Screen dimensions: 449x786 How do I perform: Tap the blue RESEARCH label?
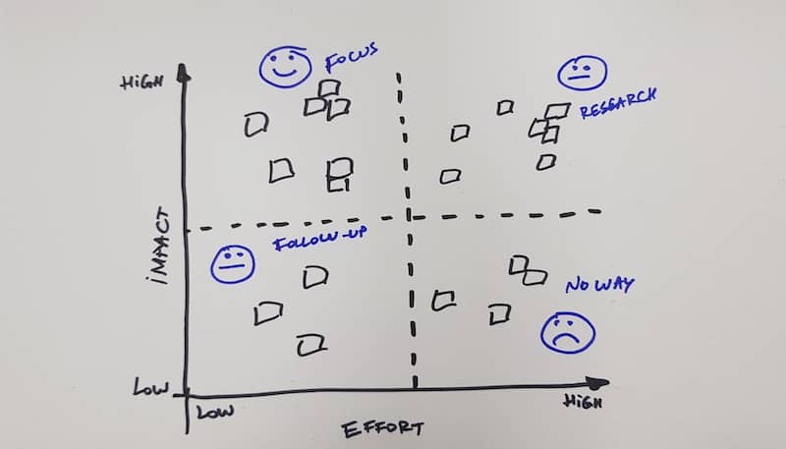click(x=617, y=104)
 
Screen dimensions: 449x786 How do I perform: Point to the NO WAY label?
click(x=599, y=286)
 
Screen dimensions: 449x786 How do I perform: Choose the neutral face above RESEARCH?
click(x=583, y=75)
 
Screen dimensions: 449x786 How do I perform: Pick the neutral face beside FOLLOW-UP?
click(x=233, y=262)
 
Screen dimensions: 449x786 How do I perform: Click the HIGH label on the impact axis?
click(x=140, y=83)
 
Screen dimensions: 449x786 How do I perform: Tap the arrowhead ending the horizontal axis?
click(x=600, y=382)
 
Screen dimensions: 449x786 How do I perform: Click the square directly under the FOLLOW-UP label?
click(x=314, y=278)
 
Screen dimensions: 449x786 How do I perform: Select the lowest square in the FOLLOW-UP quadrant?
click(x=312, y=344)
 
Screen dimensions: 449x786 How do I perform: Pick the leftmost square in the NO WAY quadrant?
click(x=444, y=300)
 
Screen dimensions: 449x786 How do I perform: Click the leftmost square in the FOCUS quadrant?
click(x=256, y=124)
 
